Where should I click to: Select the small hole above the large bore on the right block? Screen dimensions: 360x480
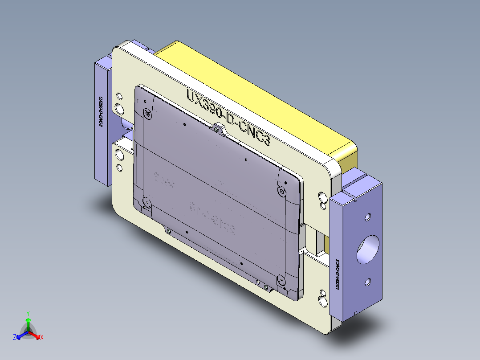coord(367,217)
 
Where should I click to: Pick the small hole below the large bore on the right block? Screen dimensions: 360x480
coord(367,282)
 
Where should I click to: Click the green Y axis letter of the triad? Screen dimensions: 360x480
coord(28,313)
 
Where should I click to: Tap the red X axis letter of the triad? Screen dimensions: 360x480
coord(41,338)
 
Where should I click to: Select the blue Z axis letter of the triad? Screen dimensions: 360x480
coord(15,338)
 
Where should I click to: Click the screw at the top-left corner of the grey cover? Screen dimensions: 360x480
coord(146,113)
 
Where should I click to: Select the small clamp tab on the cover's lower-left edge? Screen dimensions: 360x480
coord(168,231)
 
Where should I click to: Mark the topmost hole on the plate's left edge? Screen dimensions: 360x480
coord(118,96)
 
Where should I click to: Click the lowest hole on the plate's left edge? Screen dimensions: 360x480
coord(119,168)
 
